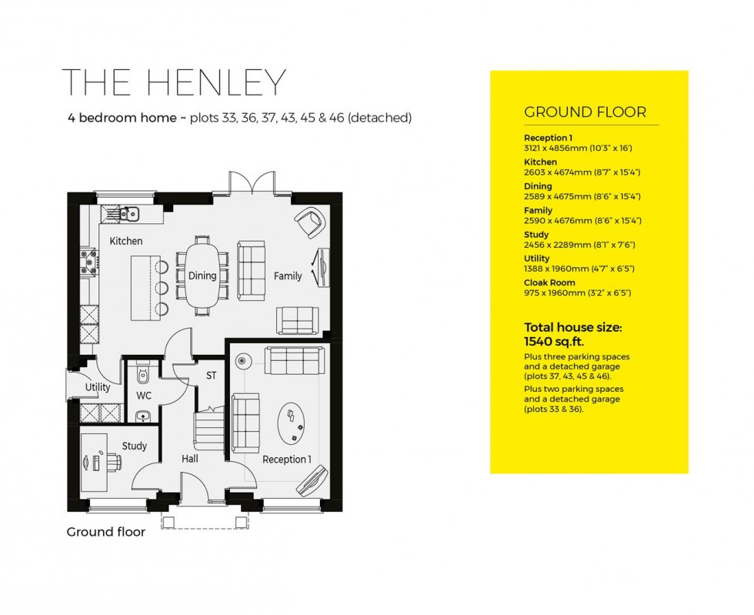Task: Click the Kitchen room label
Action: tap(125, 241)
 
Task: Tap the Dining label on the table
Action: tap(202, 276)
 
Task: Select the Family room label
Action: tap(288, 276)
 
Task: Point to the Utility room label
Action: tap(98, 387)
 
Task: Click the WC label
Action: tap(144, 395)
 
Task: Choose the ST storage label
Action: tap(211, 376)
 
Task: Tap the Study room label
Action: tap(134, 446)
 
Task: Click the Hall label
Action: tap(189, 458)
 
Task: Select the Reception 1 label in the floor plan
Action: tap(286, 460)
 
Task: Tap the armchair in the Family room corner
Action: tap(309, 222)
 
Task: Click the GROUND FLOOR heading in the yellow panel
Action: tap(585, 112)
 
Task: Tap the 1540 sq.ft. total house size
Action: tap(552, 339)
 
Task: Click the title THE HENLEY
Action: tap(174, 83)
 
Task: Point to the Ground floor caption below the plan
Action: tap(105, 532)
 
